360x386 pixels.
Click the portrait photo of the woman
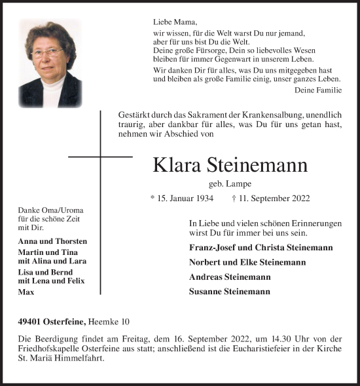[50, 64]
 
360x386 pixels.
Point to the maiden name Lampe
[240, 184]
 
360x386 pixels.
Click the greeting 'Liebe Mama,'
[170, 21]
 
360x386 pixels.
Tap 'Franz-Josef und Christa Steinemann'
[260, 248]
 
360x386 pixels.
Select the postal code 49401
[32, 320]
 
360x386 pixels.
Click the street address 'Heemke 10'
[113, 320]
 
